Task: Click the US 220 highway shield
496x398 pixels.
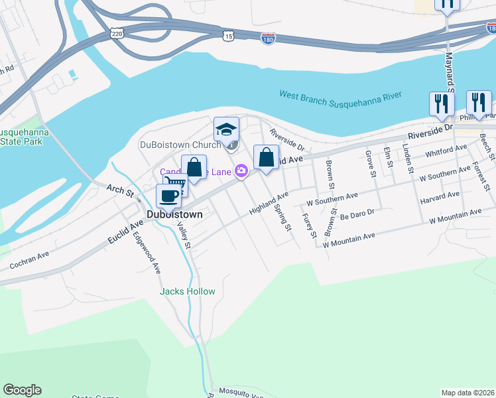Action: coord(117,32)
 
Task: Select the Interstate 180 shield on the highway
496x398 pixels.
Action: coord(268,40)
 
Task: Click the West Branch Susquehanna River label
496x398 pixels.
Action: coord(340,96)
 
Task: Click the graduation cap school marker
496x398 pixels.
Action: coord(226,129)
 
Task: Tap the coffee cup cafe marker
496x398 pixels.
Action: coord(168,195)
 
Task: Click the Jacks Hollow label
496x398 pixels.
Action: coord(188,291)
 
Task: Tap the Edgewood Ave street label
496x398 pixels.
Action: coord(147,252)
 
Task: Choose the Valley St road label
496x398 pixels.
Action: coord(184,235)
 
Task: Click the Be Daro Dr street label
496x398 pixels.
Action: coord(357,216)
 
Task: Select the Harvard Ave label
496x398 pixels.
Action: coord(440,198)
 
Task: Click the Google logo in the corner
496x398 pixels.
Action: coord(23,390)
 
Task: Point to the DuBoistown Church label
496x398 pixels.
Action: coord(180,144)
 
